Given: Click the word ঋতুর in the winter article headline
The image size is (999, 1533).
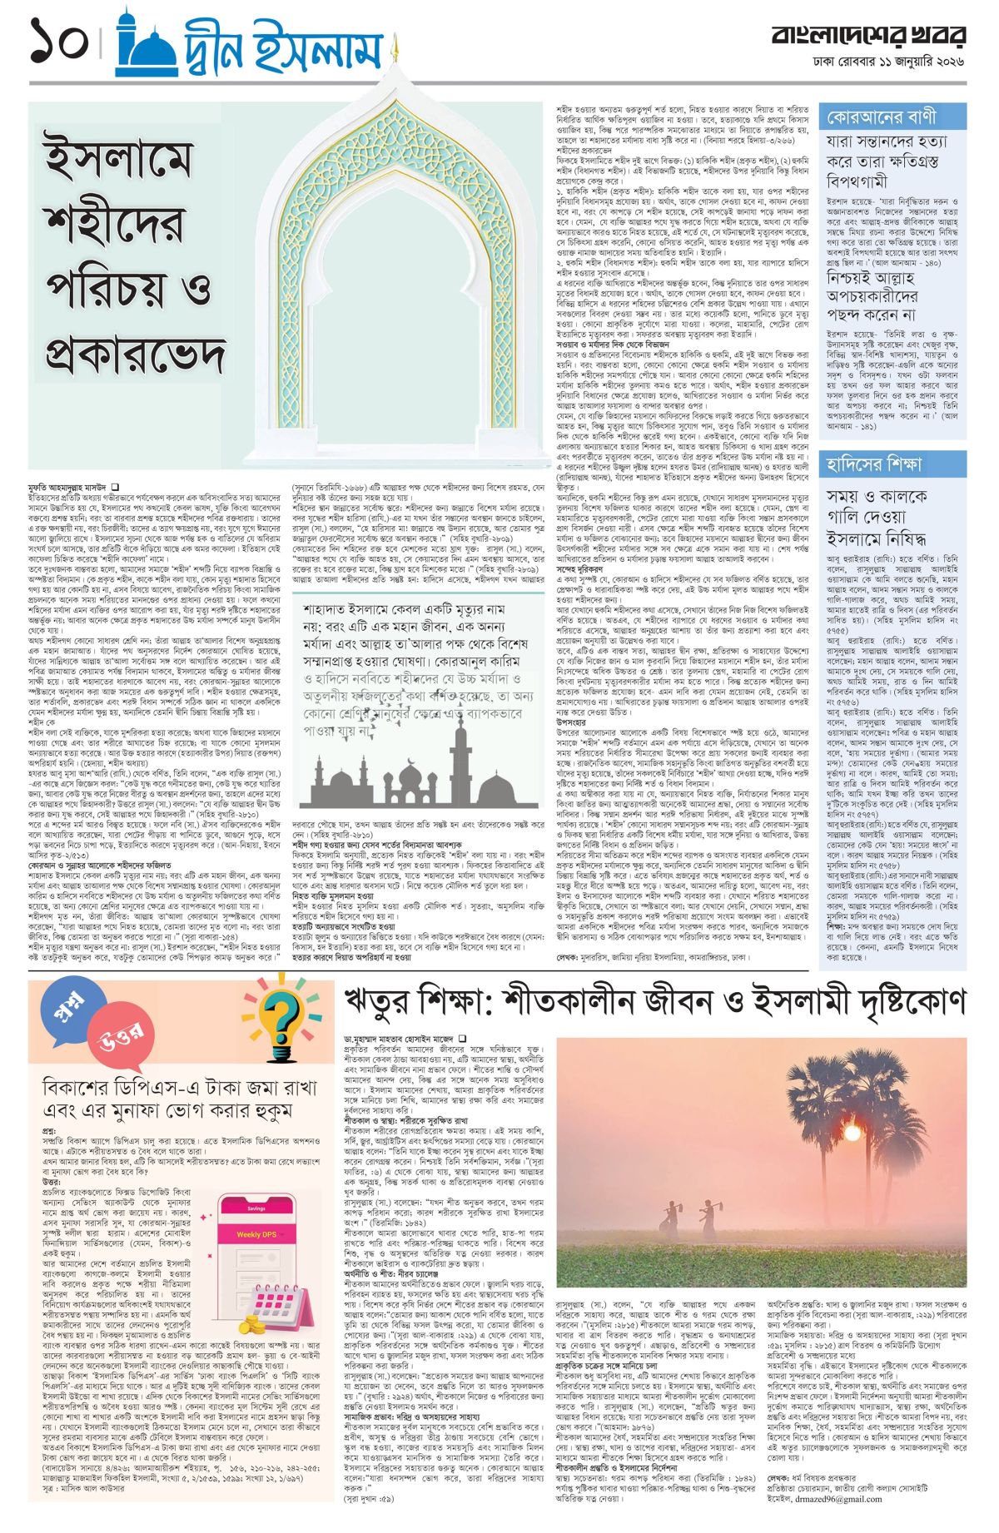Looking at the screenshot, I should pyautogui.click(x=382, y=1000).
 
